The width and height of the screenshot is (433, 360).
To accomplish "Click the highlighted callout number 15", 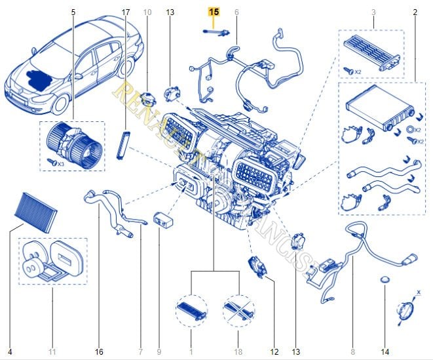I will pos(215,12).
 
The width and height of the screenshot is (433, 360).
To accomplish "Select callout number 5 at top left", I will pos(73,12).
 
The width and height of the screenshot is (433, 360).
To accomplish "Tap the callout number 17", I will pos(126,12).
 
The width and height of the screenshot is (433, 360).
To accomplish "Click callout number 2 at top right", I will pos(415,12).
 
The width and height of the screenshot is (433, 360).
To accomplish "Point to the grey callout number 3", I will pos(373,12).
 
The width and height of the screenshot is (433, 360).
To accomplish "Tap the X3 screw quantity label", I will pos(59,162).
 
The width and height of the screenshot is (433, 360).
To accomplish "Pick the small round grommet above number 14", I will pos(385,282).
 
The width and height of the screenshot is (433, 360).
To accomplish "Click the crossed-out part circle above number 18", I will pos(238,306).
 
